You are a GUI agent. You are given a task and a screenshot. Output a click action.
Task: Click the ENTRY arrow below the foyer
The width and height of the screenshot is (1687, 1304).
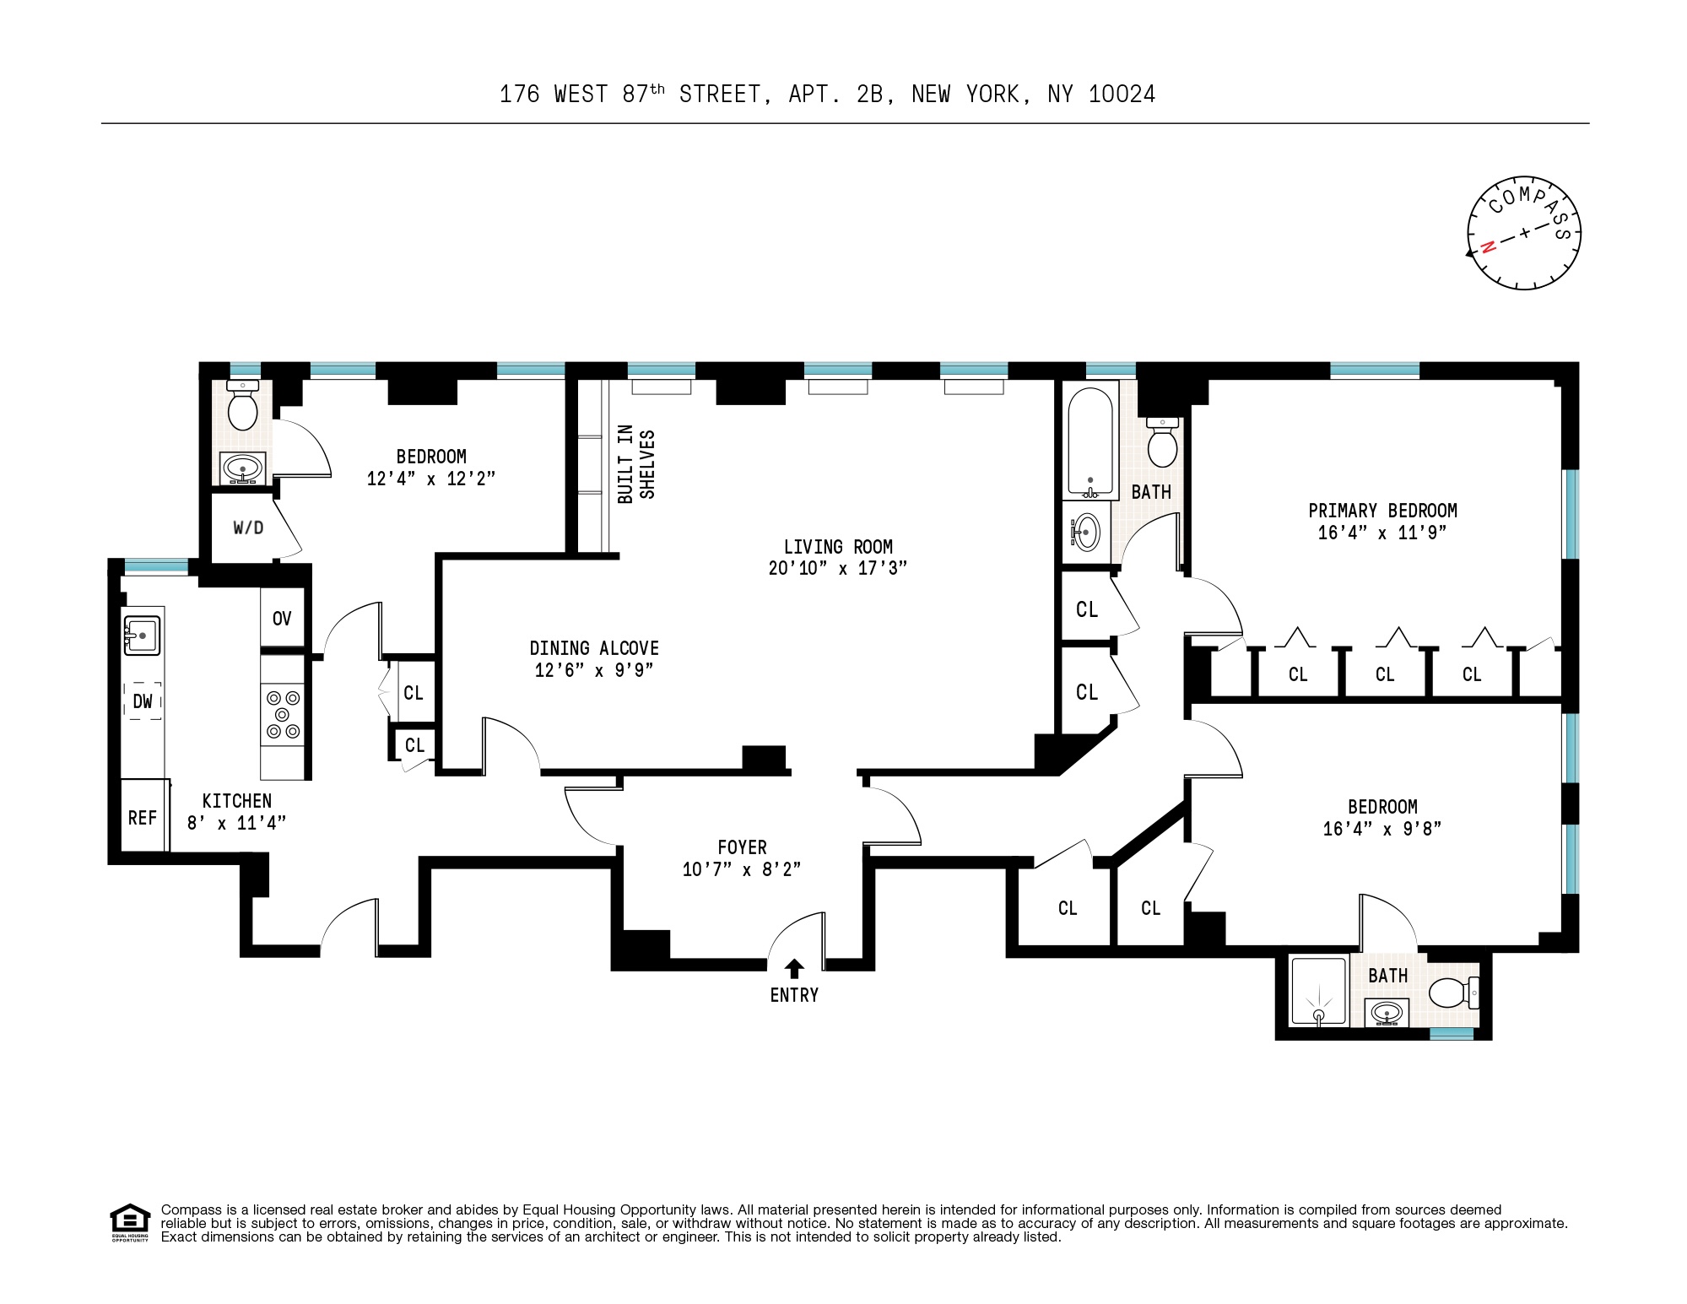[x=794, y=969]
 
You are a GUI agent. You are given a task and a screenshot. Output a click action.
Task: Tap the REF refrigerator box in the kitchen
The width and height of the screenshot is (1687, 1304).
[x=143, y=816]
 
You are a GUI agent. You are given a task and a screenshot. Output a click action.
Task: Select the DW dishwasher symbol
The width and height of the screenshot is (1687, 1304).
[x=143, y=701]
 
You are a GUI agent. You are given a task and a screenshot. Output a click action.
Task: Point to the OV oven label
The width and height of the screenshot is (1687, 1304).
[x=282, y=619]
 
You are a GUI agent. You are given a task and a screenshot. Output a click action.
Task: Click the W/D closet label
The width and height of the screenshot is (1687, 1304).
[x=248, y=528]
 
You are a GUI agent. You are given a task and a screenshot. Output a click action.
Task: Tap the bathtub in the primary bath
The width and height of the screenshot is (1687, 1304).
[x=1090, y=442]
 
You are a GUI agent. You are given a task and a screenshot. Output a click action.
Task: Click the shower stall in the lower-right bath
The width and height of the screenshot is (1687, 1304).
[x=1318, y=991]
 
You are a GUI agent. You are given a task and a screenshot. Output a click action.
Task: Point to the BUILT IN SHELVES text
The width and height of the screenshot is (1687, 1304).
[x=636, y=464]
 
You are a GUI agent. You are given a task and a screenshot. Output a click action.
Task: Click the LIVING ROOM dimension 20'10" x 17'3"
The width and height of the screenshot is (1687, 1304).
[x=837, y=568]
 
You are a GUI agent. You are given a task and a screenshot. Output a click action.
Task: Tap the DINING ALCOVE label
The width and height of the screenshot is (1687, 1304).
[x=594, y=648]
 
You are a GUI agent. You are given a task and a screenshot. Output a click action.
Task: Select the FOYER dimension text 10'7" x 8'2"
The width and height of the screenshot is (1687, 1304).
[x=741, y=869]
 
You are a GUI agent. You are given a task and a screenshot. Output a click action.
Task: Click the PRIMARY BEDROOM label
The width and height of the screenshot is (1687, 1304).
[x=1382, y=511]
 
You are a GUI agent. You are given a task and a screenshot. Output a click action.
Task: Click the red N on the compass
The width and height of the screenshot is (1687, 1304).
[x=1489, y=246]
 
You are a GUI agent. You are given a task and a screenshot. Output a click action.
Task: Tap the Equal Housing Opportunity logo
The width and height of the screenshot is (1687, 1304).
[x=129, y=1222]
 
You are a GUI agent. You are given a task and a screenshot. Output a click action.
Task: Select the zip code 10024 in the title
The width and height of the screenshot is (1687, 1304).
[x=1122, y=95]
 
